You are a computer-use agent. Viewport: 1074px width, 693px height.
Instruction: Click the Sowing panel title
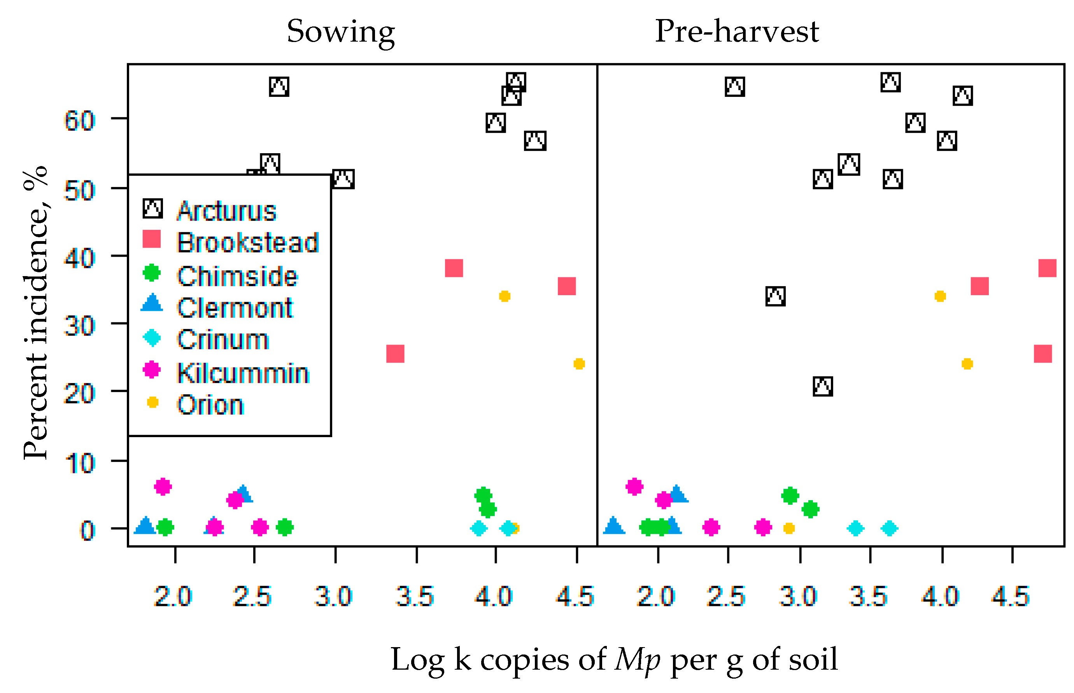tap(340, 32)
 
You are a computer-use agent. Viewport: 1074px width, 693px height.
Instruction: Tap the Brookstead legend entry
tap(247, 243)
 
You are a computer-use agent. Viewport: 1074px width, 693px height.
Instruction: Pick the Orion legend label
tap(210, 404)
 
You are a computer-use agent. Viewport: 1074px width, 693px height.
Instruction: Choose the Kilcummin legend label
tap(243, 373)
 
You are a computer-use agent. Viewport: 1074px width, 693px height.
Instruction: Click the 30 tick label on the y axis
tap(79, 326)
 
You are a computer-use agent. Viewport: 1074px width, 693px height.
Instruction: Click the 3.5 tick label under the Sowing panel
tap(414, 597)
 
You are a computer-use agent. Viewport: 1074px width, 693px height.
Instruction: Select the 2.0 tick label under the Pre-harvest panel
tap(655, 597)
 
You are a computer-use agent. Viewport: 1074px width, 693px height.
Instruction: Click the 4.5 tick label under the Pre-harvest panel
tap(1010, 597)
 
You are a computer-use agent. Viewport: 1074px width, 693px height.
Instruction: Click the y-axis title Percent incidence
tap(36, 313)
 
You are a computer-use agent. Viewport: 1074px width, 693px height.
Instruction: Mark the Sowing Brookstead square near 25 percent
tap(395, 354)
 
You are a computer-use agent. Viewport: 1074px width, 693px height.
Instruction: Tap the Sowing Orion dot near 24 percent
tap(578, 364)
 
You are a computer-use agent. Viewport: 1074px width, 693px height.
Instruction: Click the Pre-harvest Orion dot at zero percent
tap(788, 528)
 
